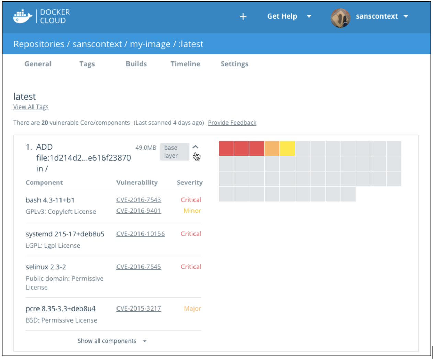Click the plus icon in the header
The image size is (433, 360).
coord(243,16)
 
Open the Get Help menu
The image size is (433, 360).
coord(289,16)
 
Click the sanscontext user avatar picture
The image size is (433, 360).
coord(340,18)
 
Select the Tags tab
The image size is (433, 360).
coord(87,64)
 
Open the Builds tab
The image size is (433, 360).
coord(136,64)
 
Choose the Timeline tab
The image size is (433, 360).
coord(185,64)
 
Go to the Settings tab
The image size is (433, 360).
coord(234,64)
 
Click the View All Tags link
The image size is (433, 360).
coord(31,107)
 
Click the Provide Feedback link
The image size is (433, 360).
coord(232,123)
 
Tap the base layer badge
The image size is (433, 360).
coord(175,151)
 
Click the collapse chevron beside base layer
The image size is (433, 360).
coord(196,147)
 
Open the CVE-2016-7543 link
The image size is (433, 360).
coord(138,200)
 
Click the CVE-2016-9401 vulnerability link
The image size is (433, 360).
coord(138,211)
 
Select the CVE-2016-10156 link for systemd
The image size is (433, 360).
coord(140,234)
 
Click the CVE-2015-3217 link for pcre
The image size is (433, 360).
coord(138,308)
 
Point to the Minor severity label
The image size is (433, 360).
coord(192,211)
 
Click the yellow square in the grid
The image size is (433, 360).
coord(287,148)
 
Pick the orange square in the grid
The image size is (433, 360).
coord(272,148)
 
